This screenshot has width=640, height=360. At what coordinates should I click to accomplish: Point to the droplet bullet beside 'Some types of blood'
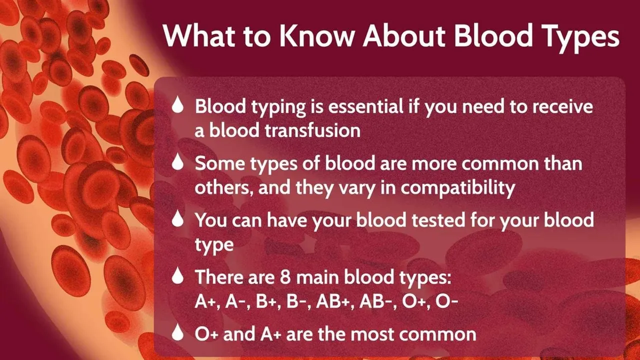pos(178,163)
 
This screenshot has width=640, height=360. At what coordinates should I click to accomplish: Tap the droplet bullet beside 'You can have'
pos(178,219)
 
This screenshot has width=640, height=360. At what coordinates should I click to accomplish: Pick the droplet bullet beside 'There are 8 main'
pos(178,276)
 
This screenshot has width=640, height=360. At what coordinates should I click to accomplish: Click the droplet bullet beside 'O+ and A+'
pos(178,333)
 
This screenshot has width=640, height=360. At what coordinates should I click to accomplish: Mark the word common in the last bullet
pos(442,333)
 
